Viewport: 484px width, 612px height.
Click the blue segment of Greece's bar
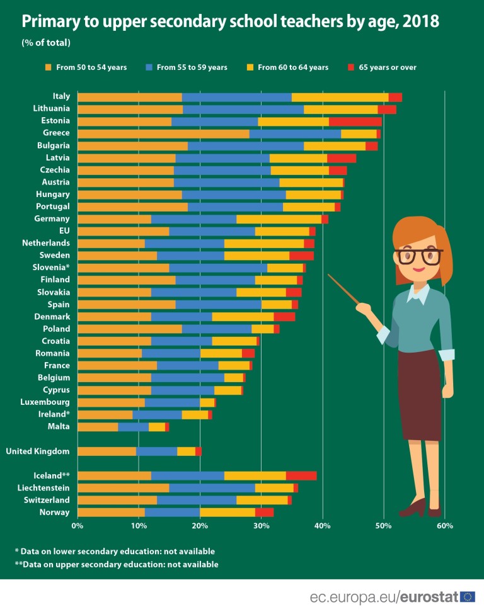click(295, 133)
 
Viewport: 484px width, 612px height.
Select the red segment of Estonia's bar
click(355, 122)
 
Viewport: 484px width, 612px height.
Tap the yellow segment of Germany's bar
click(279, 219)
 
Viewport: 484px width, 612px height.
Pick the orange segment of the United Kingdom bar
click(107, 451)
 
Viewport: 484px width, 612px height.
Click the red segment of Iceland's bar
click(301, 475)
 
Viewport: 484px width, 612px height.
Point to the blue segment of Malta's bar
click(133, 427)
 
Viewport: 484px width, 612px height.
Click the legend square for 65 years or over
click(351, 67)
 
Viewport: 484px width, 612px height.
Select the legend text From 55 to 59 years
click(192, 67)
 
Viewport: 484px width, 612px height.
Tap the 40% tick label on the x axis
click(322, 524)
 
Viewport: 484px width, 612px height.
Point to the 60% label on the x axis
click(444, 524)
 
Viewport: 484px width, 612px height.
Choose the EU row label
click(64, 231)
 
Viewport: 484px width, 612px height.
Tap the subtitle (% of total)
click(46, 43)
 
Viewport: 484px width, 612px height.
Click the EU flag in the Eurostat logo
click(467, 596)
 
